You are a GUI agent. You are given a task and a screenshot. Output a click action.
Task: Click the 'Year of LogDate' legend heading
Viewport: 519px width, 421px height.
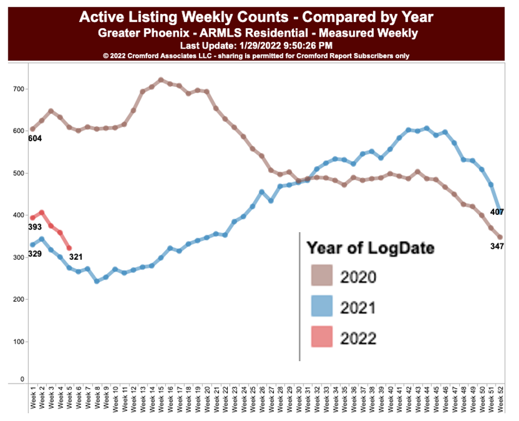point(370,248)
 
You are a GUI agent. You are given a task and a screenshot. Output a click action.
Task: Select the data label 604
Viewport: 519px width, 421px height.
point(35,138)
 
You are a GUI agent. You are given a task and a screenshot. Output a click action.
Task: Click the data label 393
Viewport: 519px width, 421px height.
point(35,228)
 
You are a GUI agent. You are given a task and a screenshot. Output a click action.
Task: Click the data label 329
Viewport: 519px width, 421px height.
point(35,254)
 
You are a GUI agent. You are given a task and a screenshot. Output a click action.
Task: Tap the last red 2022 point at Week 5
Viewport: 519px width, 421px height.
point(69,248)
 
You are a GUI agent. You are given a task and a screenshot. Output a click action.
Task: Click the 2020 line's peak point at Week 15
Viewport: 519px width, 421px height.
point(161,80)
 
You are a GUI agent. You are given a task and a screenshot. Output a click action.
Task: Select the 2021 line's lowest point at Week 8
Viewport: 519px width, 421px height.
point(96,281)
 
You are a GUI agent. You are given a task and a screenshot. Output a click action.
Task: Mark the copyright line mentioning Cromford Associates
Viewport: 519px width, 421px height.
point(256,55)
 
